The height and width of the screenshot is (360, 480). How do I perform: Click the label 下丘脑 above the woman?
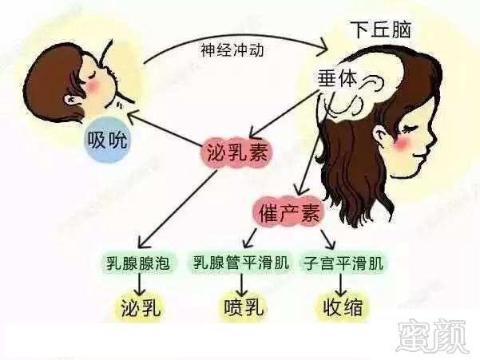click(x=381, y=30)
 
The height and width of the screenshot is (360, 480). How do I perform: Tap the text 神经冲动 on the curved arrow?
click(x=232, y=49)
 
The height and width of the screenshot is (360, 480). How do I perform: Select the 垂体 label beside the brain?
click(x=337, y=78)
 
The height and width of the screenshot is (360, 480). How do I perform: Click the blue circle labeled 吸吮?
click(x=107, y=140)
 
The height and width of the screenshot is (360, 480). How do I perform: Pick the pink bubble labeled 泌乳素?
click(x=236, y=152)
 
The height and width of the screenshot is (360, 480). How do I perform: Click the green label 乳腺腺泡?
click(x=137, y=263)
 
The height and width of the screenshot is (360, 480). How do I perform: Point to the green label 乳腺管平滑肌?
click(x=241, y=262)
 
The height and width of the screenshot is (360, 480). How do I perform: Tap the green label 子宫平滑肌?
click(x=343, y=263)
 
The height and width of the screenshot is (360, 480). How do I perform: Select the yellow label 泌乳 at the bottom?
click(x=141, y=307)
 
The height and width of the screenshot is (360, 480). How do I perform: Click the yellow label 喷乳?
click(x=244, y=307)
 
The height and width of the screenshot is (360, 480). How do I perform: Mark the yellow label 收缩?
click(x=343, y=307)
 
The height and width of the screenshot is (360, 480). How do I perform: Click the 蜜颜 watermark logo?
click(x=433, y=335)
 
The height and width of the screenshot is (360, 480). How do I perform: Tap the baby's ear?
click(x=72, y=100)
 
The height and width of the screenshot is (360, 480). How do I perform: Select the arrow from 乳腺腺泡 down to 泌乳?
click(x=140, y=284)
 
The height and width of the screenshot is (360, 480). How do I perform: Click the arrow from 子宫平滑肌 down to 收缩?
click(x=341, y=284)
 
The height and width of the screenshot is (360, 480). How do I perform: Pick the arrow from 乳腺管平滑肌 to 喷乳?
click(x=242, y=284)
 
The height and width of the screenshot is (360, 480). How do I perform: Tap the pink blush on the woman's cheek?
click(x=403, y=142)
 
